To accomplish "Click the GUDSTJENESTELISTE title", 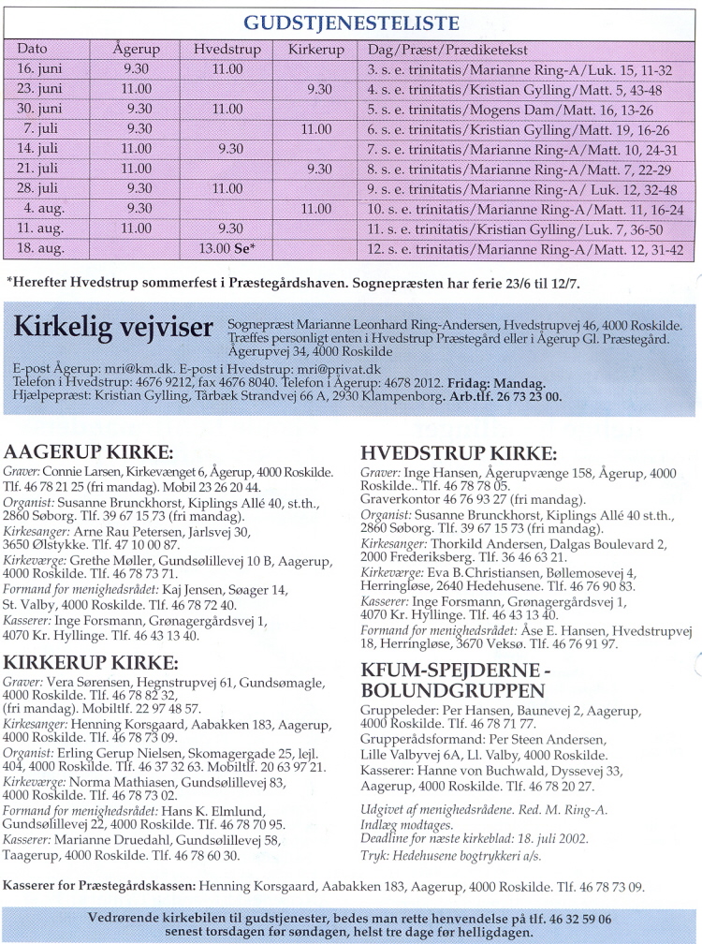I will [351, 23].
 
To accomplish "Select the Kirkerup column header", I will [316, 49].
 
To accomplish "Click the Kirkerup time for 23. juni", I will [319, 89].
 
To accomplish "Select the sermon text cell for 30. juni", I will [524, 109].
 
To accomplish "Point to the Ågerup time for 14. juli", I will [136, 148].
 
